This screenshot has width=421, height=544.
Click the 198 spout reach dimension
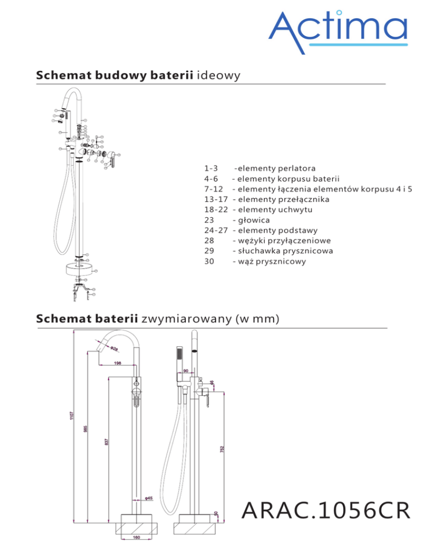coord(117,362)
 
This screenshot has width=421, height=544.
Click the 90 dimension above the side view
coord(186,371)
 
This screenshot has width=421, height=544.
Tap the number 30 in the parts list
coord(208,262)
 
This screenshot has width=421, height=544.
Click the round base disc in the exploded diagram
coord(78,269)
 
